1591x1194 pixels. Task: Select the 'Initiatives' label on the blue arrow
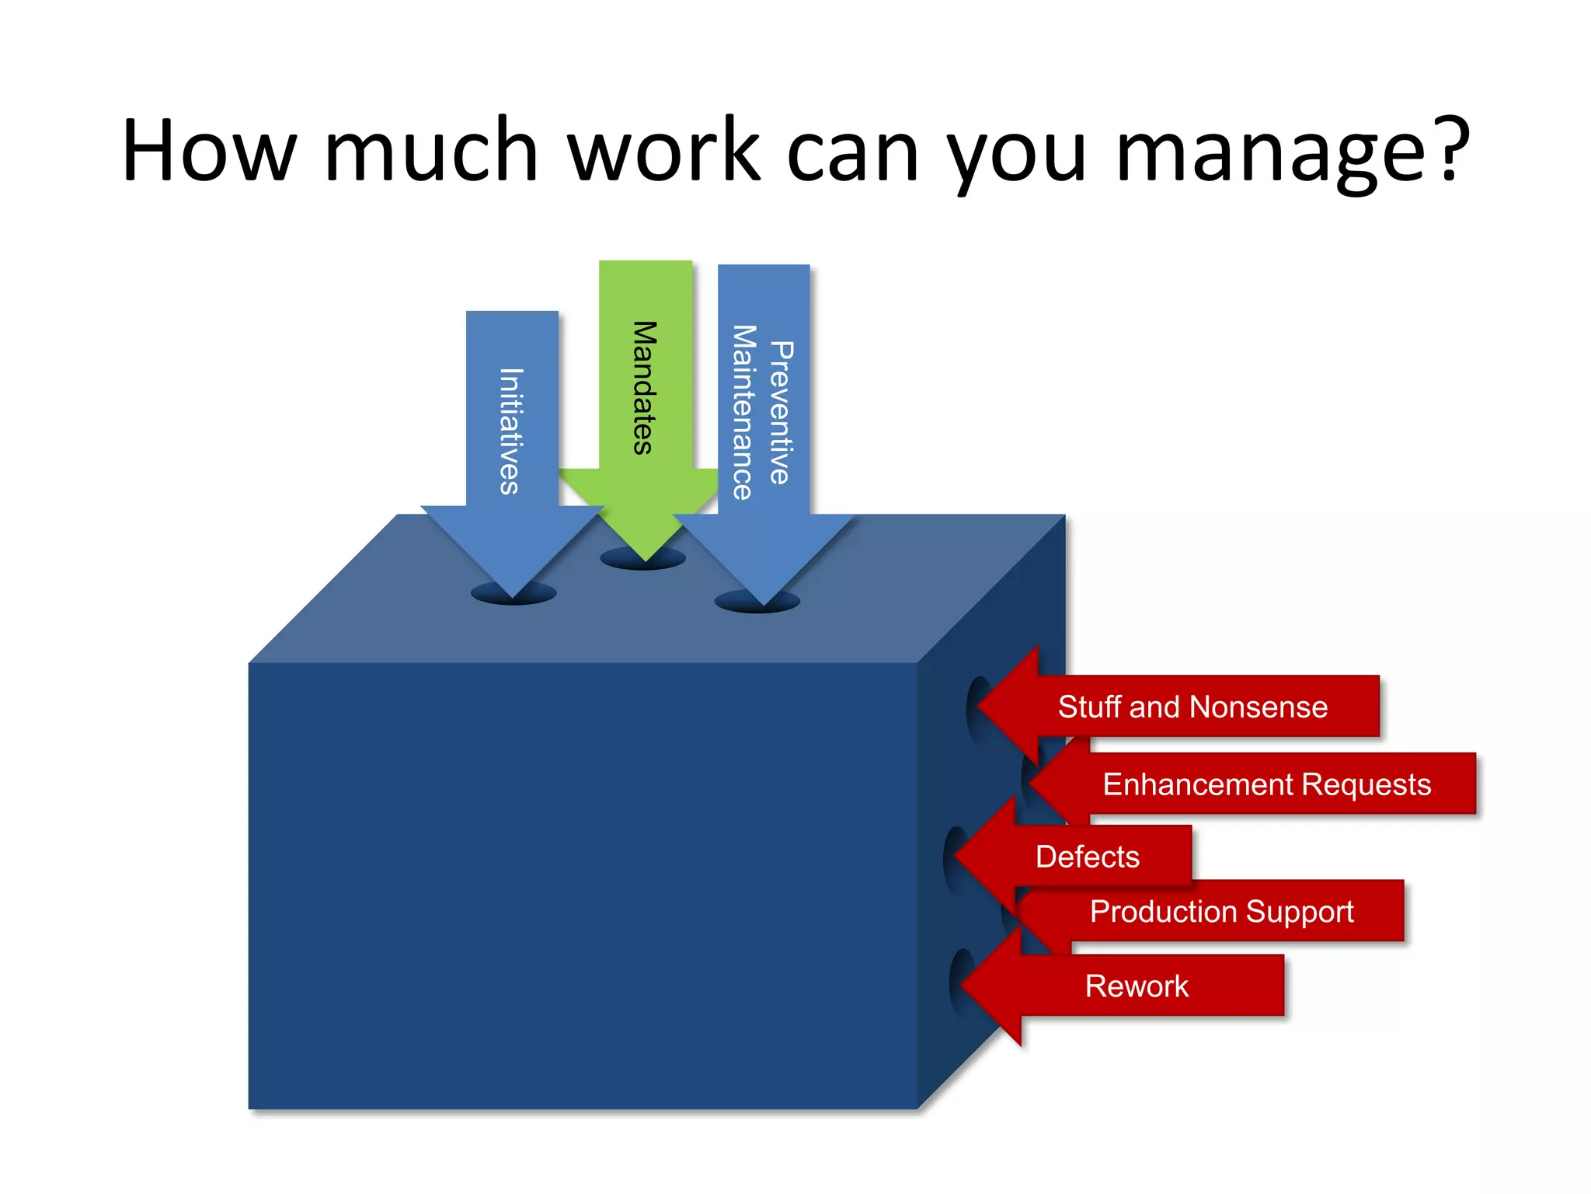pyautogui.click(x=510, y=431)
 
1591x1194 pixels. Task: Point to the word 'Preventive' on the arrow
pyautogui.click(x=782, y=412)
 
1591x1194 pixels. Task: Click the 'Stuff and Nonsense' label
pyautogui.click(x=1192, y=707)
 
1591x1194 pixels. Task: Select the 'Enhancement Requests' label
pyautogui.click(x=1266, y=784)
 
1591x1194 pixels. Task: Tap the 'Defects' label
pyautogui.click(x=1087, y=857)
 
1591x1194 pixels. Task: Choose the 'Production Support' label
pyautogui.click(x=1221, y=911)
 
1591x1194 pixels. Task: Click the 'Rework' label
pyautogui.click(x=1136, y=986)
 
